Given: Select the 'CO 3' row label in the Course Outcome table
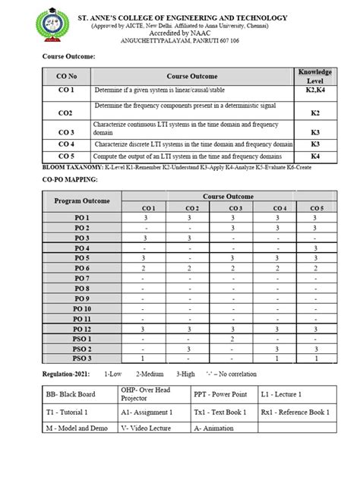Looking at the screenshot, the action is click(x=67, y=131).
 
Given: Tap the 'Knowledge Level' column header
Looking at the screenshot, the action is click(x=315, y=75).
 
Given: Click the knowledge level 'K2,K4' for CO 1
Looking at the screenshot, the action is click(x=315, y=90).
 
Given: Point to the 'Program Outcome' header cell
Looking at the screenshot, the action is click(x=82, y=201).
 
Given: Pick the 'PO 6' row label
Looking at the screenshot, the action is click(x=82, y=269).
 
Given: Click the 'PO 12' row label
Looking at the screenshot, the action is click(x=82, y=329).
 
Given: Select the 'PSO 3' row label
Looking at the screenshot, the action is click(x=82, y=358).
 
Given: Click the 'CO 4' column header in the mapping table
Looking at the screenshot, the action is click(x=279, y=208).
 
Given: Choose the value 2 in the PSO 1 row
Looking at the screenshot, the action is click(x=235, y=339).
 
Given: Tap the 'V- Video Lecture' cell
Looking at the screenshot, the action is click(x=150, y=428).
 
